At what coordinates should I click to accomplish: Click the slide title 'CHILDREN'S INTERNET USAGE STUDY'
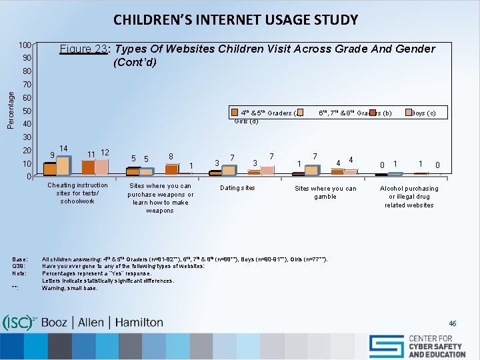(x=235, y=19)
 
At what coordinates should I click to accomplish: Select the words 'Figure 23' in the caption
(x=84, y=49)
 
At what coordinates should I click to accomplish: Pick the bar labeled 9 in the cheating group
(x=50, y=169)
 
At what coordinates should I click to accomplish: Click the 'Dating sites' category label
(x=238, y=188)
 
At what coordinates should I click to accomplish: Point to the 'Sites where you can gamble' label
(x=325, y=193)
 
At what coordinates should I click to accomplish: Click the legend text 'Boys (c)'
(x=423, y=112)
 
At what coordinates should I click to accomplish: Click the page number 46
(x=453, y=323)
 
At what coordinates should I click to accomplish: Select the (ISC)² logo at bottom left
(x=20, y=322)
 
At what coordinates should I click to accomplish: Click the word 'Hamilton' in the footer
(x=139, y=323)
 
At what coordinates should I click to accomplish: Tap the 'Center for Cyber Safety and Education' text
(x=437, y=346)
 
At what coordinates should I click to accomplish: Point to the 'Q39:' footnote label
(x=19, y=266)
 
